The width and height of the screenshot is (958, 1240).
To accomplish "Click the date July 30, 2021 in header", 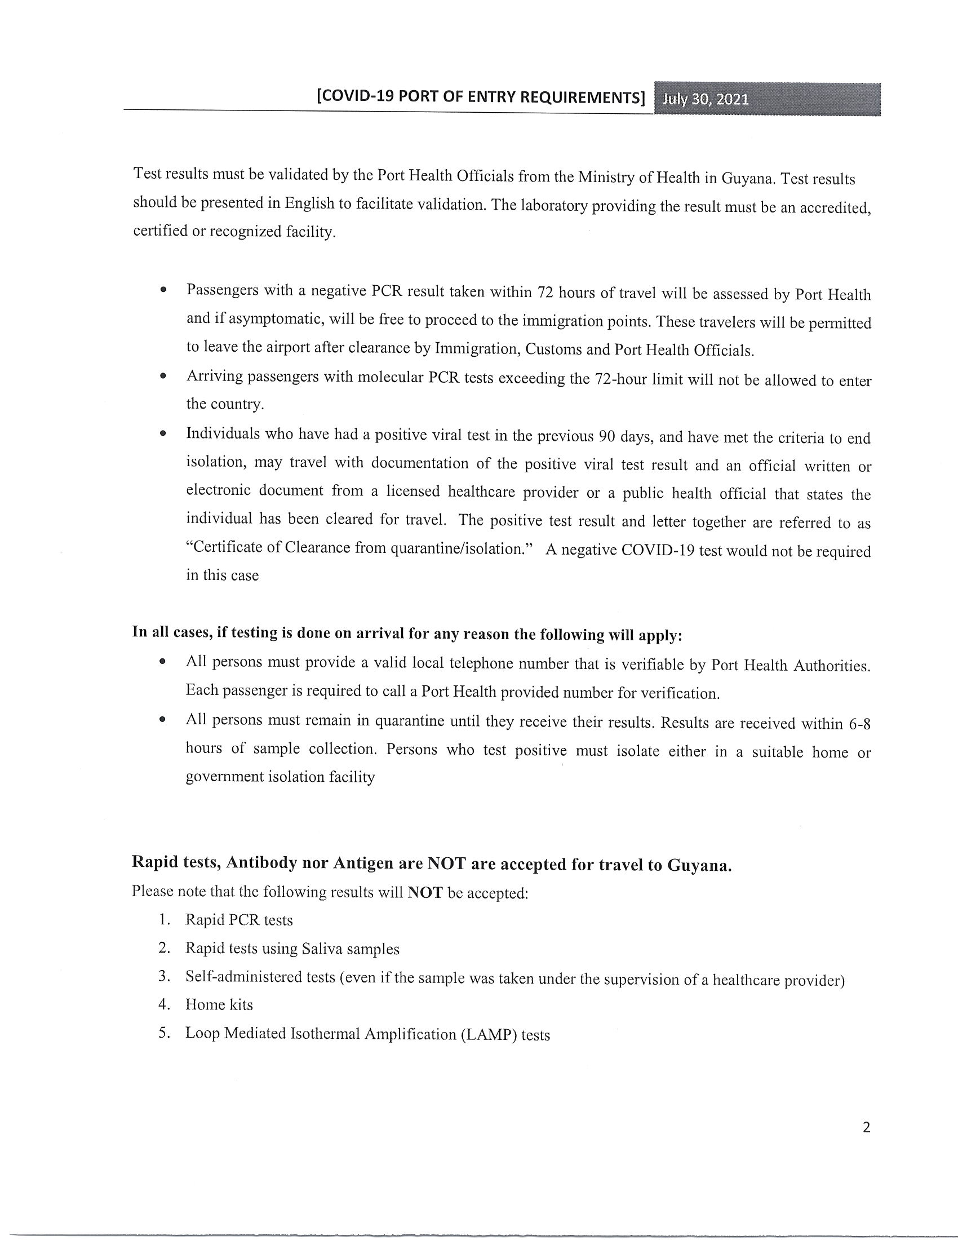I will click(706, 100).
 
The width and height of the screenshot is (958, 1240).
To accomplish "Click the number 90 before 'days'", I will click(607, 437).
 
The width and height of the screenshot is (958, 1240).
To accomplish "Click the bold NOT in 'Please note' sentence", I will click(425, 893).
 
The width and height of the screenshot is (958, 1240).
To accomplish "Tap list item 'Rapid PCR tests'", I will click(239, 920).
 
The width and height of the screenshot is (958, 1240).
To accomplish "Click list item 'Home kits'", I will click(219, 1005).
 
